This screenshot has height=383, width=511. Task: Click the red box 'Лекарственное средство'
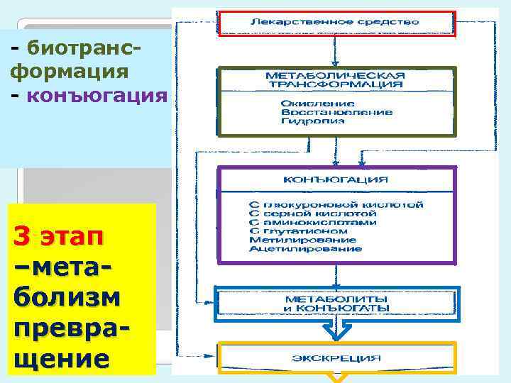click(x=335, y=23)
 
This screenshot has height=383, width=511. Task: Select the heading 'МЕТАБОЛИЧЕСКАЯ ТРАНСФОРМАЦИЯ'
click(x=335, y=79)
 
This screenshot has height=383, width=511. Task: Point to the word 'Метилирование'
click(x=292, y=240)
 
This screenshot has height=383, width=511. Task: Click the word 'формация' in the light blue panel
click(x=70, y=71)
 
